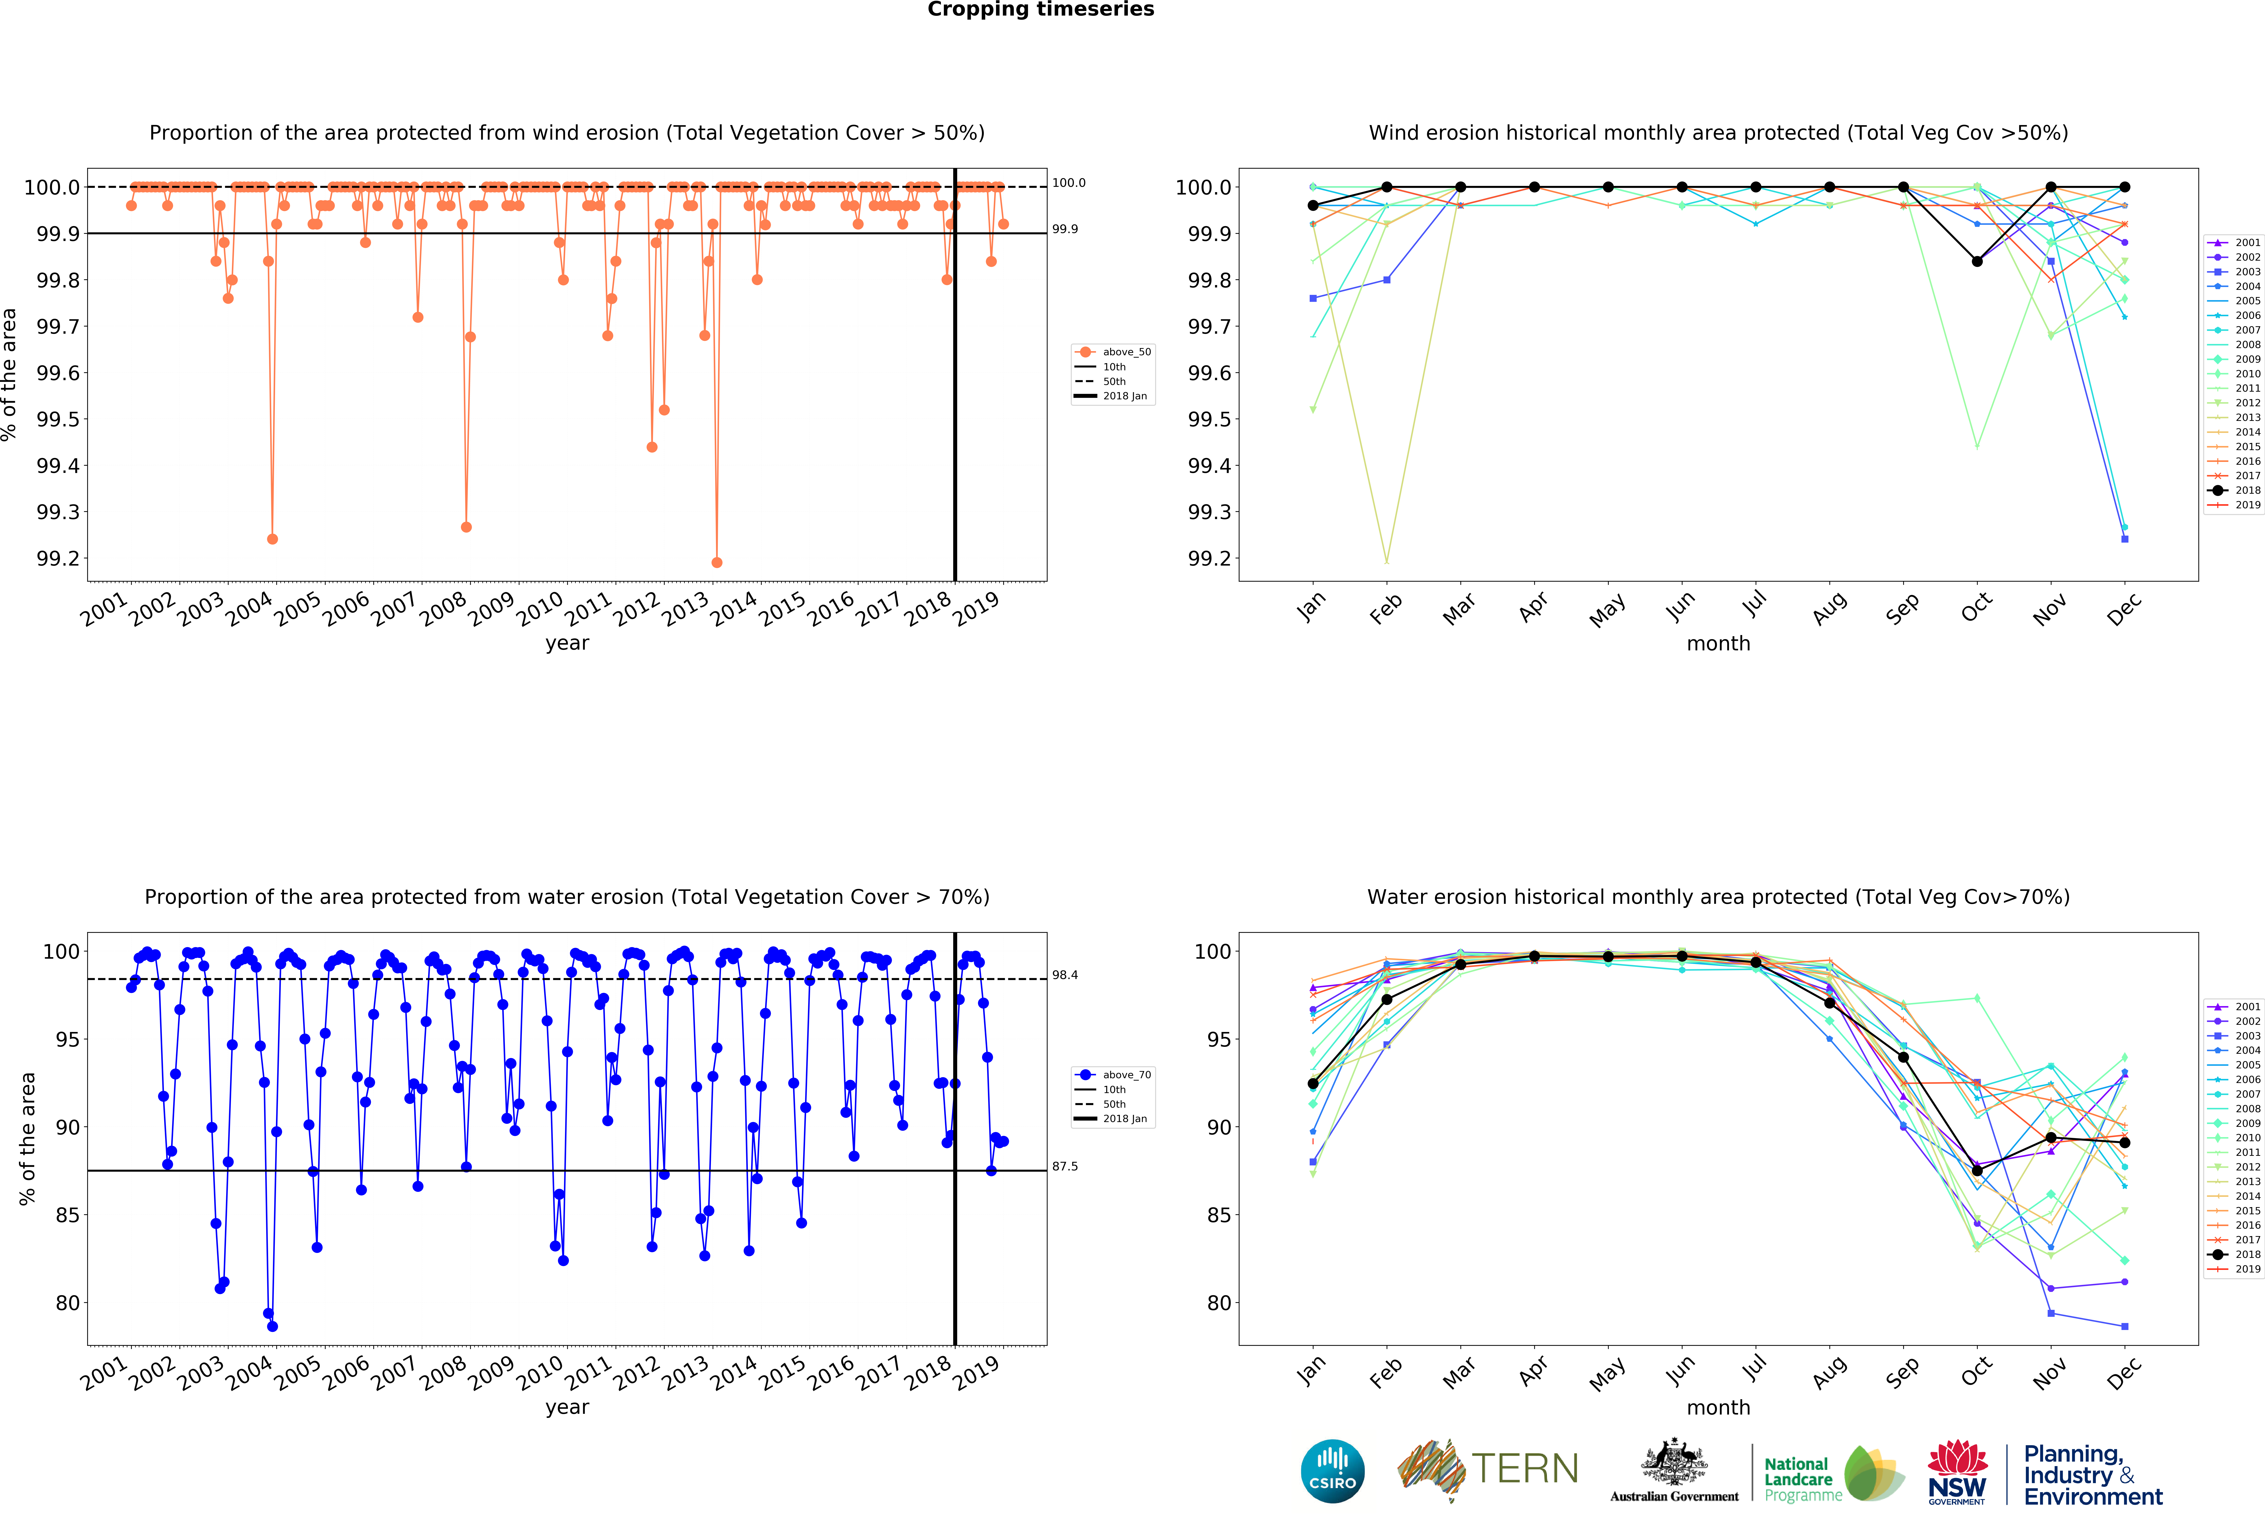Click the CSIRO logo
click(x=1332, y=1471)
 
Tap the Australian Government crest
click(x=1673, y=1462)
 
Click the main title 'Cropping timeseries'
click(x=1040, y=10)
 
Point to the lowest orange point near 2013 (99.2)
click(x=716, y=562)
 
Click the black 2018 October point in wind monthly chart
click(x=1977, y=261)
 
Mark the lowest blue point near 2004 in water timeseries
click(x=272, y=1326)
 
